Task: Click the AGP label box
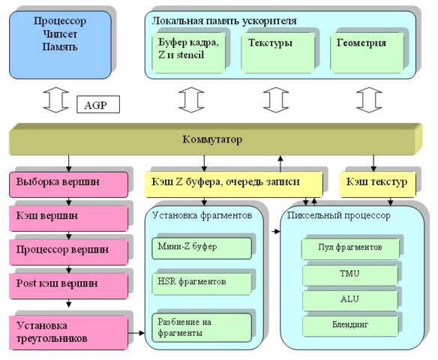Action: click(x=98, y=104)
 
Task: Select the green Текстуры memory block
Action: click(x=278, y=52)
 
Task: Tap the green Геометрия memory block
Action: click(x=367, y=52)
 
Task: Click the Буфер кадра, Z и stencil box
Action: click(x=188, y=52)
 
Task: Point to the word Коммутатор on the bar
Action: click(x=212, y=139)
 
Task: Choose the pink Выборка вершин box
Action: click(x=69, y=184)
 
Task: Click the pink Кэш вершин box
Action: click(x=69, y=218)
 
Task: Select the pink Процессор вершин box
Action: click(x=69, y=252)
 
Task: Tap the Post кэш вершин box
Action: click(x=69, y=286)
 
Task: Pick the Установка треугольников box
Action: click(x=69, y=333)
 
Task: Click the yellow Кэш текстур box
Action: click(x=377, y=184)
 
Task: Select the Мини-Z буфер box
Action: click(x=202, y=248)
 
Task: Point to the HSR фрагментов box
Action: click(x=202, y=283)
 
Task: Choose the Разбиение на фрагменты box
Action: click(x=202, y=328)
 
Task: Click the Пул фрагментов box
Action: click(x=350, y=248)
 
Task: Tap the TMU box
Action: click(x=350, y=274)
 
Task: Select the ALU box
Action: click(x=350, y=301)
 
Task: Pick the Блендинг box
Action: click(x=350, y=326)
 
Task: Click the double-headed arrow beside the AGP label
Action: click(x=55, y=100)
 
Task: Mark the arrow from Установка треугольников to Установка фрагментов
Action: click(x=136, y=333)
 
